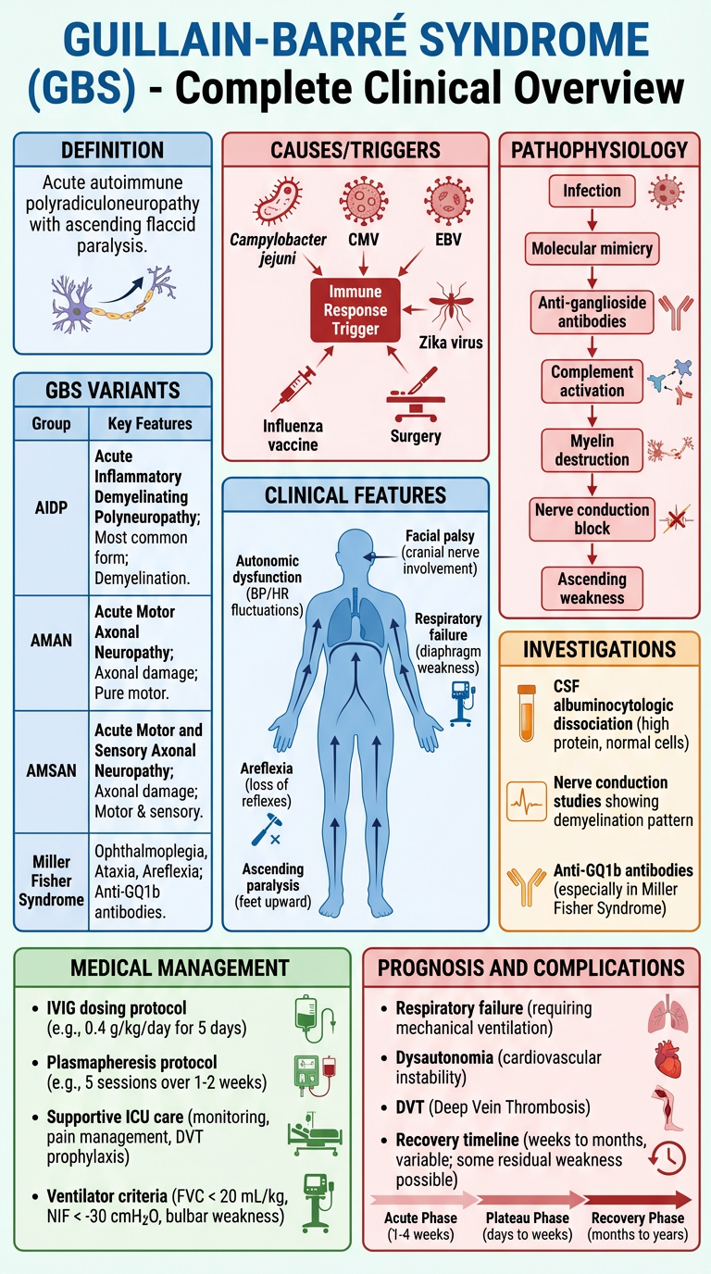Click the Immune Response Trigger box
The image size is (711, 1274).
click(355, 310)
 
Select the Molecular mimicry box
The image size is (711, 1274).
click(592, 248)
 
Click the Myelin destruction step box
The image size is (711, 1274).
click(592, 449)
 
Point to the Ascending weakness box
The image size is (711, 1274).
click(592, 588)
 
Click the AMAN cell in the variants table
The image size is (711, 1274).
click(52, 641)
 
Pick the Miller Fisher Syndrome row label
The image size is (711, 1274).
click(52, 880)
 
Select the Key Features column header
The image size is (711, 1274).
click(143, 424)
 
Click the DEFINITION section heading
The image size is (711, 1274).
click(112, 150)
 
